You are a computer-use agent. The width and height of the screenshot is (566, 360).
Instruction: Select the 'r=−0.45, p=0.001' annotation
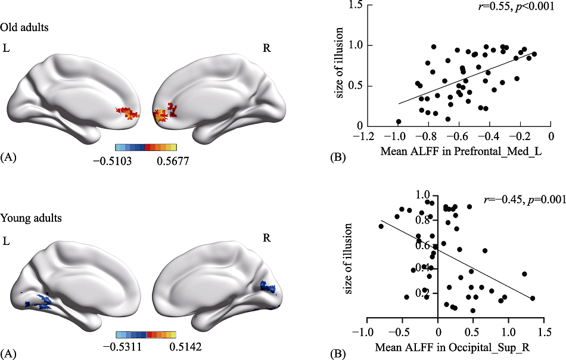pos(525,199)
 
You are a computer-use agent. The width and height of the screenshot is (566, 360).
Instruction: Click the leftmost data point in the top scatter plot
pos(398,122)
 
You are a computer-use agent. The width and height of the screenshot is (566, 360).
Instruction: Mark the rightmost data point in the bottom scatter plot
pos(532,298)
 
